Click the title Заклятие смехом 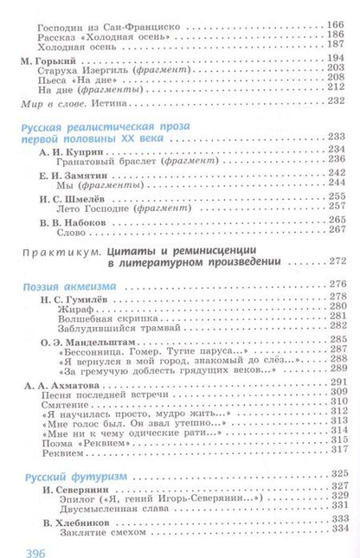click(x=96, y=529)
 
